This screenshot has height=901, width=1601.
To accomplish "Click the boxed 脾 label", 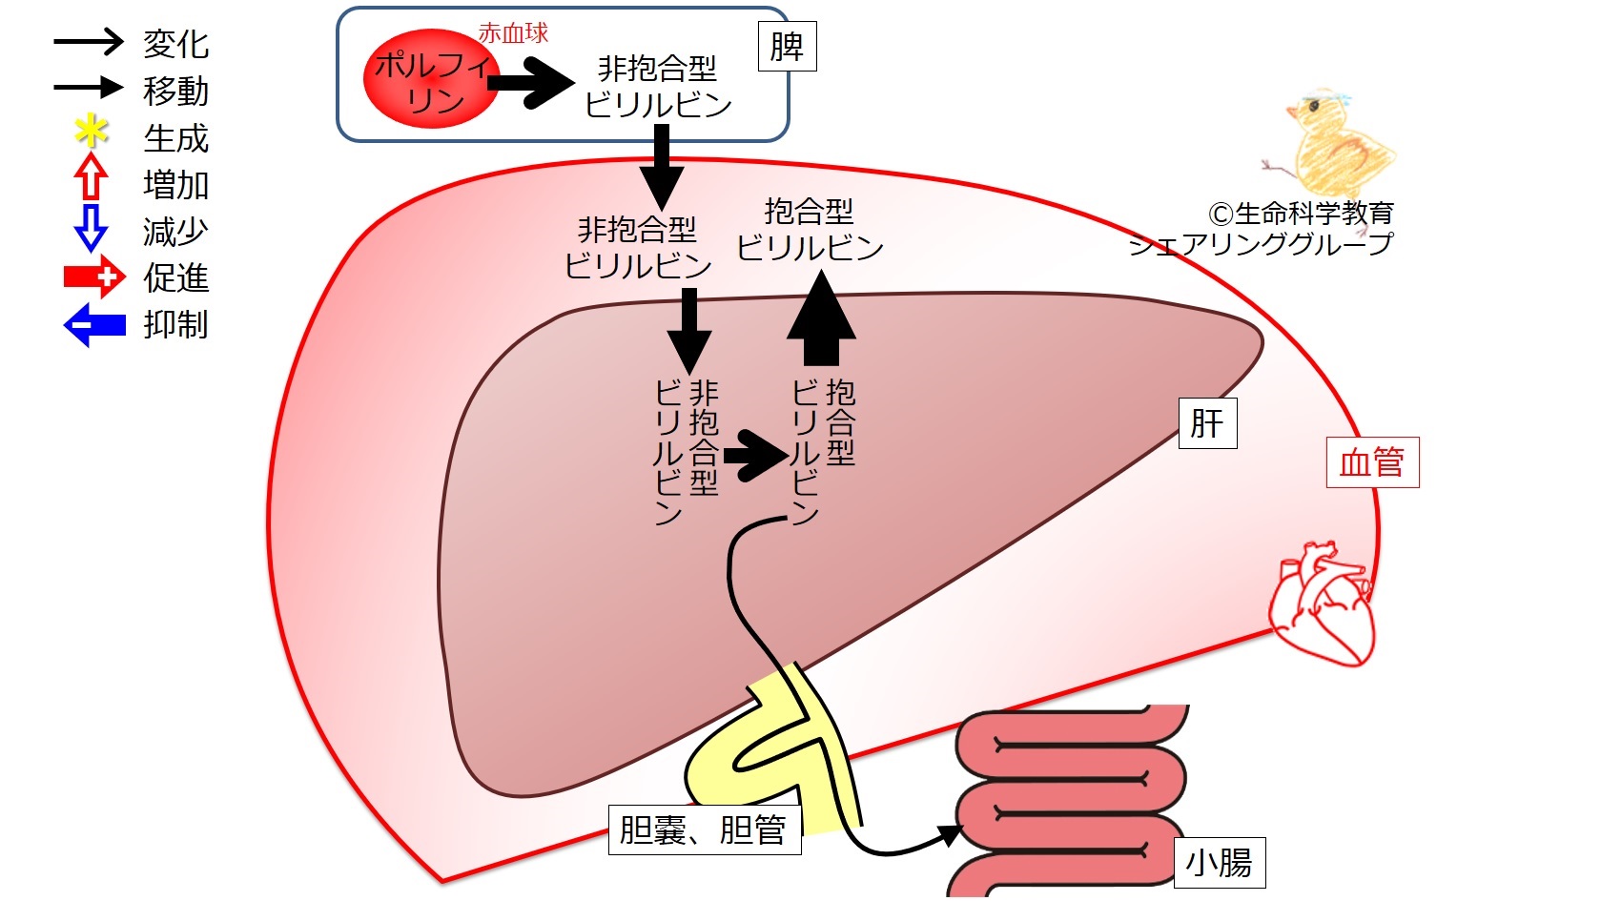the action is (787, 47).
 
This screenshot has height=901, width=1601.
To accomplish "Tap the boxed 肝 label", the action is (1207, 423).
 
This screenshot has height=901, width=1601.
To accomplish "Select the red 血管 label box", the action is (1372, 462).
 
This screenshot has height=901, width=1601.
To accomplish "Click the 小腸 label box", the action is (1220, 863).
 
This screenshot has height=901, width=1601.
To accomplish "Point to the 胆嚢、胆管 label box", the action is (704, 829).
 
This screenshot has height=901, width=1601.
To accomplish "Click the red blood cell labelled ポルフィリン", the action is (431, 78).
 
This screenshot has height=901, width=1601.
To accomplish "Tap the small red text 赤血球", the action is (513, 32).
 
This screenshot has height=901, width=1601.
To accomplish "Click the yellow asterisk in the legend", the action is (92, 131).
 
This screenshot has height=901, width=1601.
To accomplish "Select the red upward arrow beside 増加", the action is (91, 175).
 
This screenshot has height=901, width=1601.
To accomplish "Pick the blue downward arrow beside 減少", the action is (91, 228).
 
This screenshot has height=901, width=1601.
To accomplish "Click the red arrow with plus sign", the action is (94, 276).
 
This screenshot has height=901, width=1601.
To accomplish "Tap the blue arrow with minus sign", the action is (94, 324).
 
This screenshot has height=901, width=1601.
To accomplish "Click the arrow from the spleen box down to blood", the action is (661, 167).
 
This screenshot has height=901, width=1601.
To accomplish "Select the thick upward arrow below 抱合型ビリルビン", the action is (821, 317).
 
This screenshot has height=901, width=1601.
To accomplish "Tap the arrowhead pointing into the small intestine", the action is (952, 834).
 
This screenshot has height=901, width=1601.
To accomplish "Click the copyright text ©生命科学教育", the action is (1301, 213).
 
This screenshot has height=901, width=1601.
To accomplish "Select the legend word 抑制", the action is (175, 324).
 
